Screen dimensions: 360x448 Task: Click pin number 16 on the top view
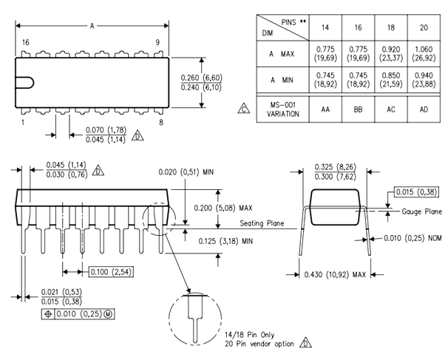(x=25, y=44)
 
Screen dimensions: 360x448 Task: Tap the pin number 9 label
(x=157, y=44)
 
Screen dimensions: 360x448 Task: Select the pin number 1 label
(x=24, y=121)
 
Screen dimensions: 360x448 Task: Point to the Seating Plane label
(x=261, y=224)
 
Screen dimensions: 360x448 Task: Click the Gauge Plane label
(x=422, y=211)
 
